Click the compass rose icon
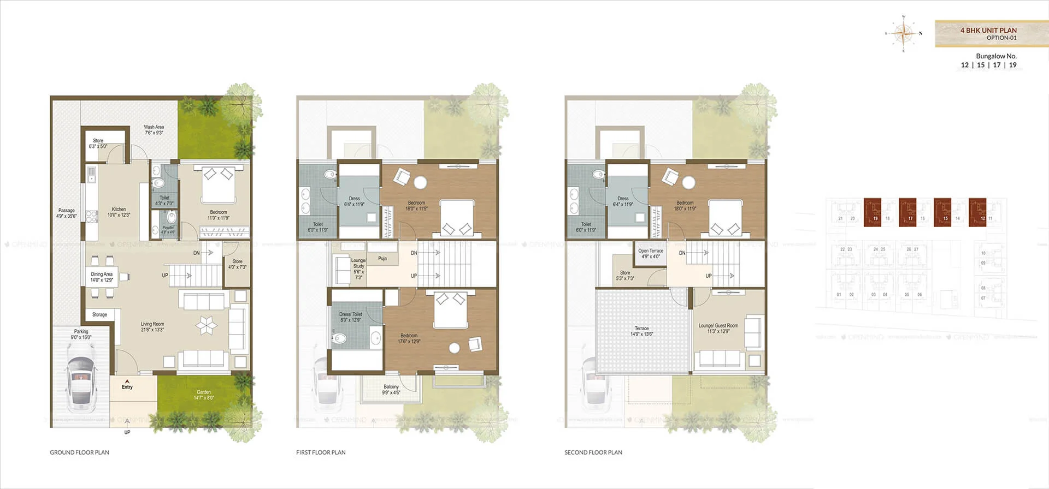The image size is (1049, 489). pyautogui.click(x=904, y=34)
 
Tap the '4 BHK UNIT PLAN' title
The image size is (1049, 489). pyautogui.click(x=988, y=31)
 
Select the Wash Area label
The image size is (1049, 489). pyautogui.click(x=154, y=130)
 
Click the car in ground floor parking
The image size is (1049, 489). pyautogui.click(x=81, y=383)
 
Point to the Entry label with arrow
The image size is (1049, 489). pyautogui.click(x=127, y=385)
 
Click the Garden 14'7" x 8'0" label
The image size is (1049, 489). pyautogui.click(x=204, y=395)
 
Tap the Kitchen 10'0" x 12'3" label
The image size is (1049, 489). pyautogui.click(x=119, y=212)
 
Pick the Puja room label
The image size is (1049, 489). pyautogui.click(x=382, y=259)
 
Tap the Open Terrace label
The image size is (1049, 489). pyautogui.click(x=650, y=254)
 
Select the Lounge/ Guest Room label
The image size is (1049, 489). pyautogui.click(x=718, y=328)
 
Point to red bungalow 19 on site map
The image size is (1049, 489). pyautogui.click(x=873, y=212)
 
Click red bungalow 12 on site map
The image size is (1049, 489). pyautogui.click(x=977, y=212)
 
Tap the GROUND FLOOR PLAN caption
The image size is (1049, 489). pyautogui.click(x=80, y=452)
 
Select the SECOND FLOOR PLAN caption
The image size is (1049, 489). pyautogui.click(x=593, y=452)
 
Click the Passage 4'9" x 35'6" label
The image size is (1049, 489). pyautogui.click(x=66, y=213)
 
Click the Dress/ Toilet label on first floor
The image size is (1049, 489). pyautogui.click(x=351, y=317)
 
